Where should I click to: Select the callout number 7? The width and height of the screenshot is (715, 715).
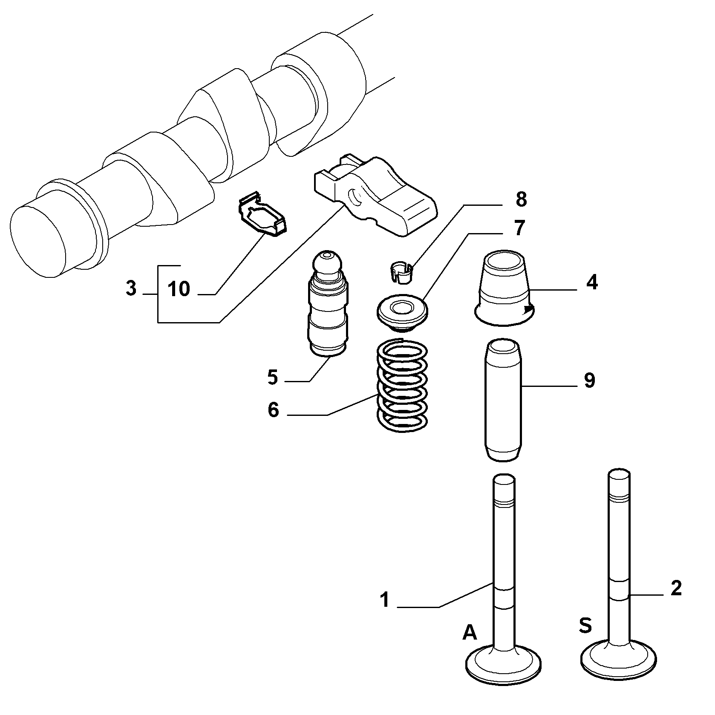(519, 228)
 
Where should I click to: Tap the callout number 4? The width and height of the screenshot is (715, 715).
(591, 282)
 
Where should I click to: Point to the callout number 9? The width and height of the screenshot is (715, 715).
(589, 381)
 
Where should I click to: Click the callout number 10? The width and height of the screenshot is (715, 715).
(179, 289)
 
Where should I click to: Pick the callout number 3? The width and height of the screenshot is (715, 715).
(132, 288)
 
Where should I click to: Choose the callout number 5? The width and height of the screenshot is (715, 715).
(273, 377)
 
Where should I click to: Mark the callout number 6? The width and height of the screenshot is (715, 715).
(273, 410)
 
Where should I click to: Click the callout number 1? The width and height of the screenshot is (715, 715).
(385, 600)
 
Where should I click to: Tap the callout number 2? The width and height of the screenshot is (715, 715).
(676, 588)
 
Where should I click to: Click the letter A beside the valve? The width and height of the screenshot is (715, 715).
(470, 633)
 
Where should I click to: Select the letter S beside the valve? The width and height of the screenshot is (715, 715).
(585, 625)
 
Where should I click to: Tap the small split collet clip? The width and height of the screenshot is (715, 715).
(401, 273)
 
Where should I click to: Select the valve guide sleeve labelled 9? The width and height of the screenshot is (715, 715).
(504, 399)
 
